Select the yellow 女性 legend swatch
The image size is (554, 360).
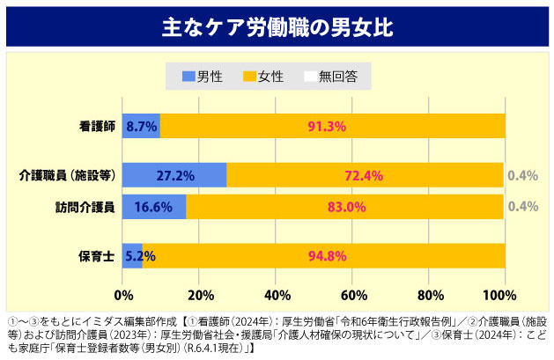pyautogui.click(x=249, y=76)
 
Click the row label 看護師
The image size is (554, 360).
pyautogui.click(x=97, y=127)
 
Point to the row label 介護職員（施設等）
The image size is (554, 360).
pyautogui.click(x=68, y=175)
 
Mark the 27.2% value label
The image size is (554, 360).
pyautogui.click(x=175, y=175)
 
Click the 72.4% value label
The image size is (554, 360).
pyautogui.click(x=364, y=175)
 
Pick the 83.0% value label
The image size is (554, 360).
pyautogui.click(x=346, y=208)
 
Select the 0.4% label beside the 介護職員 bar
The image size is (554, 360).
pyautogui.click(x=522, y=175)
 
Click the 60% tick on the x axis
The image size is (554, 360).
pyautogui.click(x=352, y=293)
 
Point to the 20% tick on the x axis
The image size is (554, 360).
pyautogui.click(x=200, y=293)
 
